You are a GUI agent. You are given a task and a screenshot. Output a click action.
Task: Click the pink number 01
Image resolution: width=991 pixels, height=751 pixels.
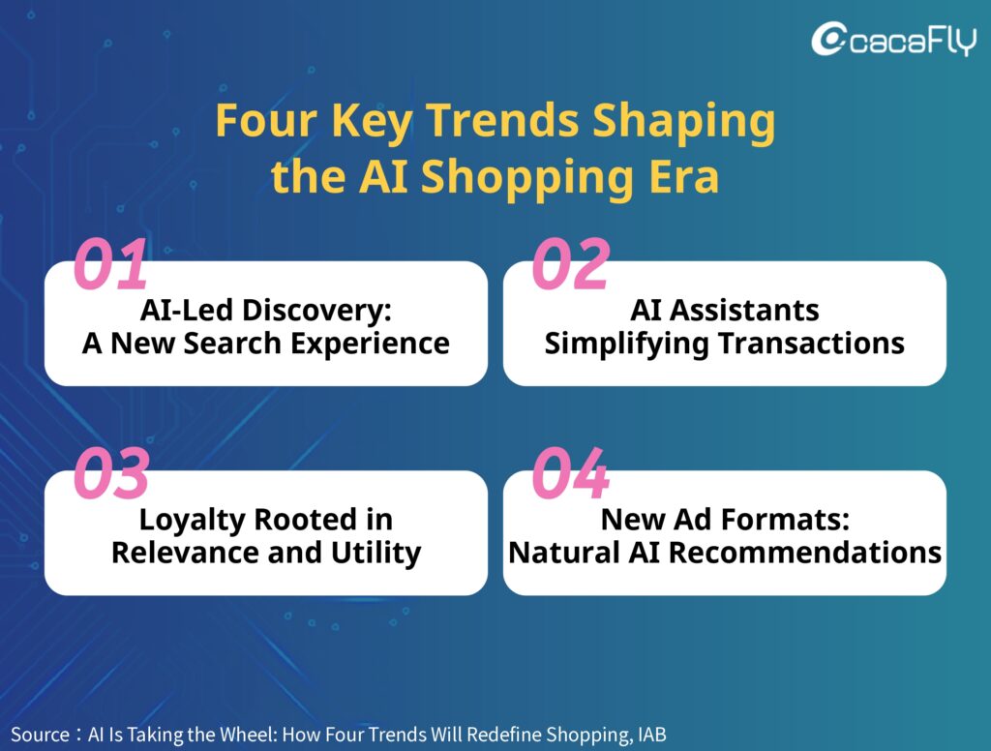tap(110, 264)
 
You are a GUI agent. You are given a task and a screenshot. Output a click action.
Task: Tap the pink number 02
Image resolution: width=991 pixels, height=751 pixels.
tap(571, 264)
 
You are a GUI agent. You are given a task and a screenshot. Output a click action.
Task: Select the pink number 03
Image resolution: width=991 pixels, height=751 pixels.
tap(112, 473)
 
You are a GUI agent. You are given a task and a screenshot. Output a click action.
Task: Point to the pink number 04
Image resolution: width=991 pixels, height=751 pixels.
tap(571, 473)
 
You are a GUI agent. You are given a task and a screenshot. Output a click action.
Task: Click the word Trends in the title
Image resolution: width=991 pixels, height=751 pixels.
tap(502, 120)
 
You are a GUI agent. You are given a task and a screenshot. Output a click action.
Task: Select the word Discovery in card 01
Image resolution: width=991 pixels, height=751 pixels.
tap(317, 311)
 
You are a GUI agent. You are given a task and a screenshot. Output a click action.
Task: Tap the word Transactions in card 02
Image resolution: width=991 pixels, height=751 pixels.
tap(812, 344)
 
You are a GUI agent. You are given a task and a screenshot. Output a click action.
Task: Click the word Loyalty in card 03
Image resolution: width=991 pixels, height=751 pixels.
tap(193, 521)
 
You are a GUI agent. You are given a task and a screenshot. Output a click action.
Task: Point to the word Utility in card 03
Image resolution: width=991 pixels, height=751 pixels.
tap(376, 554)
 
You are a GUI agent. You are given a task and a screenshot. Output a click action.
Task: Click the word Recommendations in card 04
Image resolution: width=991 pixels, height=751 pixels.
tap(805, 554)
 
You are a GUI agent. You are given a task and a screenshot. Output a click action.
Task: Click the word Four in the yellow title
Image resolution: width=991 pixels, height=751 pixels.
tap(266, 120)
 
